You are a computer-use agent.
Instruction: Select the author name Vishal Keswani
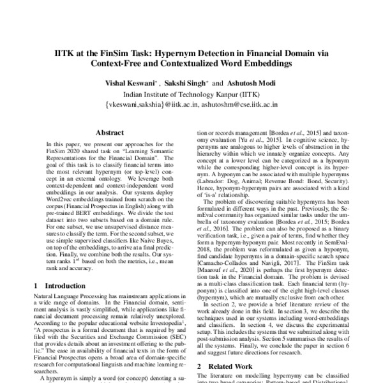[134, 84]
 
